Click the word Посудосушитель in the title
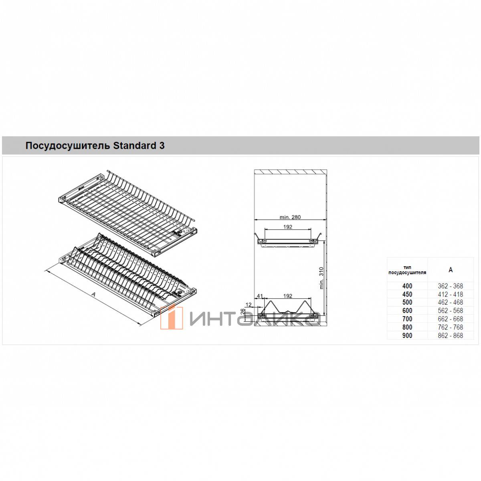[68, 146]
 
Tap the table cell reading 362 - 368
[450, 286]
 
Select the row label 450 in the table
[407, 294]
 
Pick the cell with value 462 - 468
[450, 302]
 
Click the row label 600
[407, 311]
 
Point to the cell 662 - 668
[450, 319]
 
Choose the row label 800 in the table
[407, 327]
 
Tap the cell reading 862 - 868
[450, 335]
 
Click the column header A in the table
[451, 270]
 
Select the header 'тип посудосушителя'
[407, 270]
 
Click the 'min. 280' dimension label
[290, 217]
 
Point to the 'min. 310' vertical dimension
[321, 278]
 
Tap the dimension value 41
[260, 296]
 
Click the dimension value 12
[249, 305]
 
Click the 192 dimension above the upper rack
[288, 226]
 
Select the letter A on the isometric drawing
[94, 295]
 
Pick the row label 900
[407, 335]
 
